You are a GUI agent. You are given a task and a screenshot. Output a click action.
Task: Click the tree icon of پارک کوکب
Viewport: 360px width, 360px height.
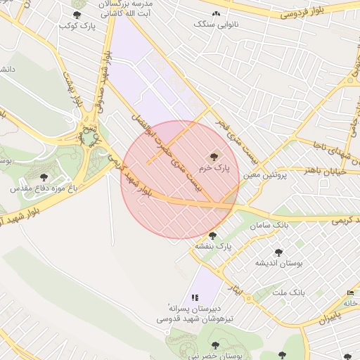(77, 15)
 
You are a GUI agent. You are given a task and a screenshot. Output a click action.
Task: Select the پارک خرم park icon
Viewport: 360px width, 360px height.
(213, 156)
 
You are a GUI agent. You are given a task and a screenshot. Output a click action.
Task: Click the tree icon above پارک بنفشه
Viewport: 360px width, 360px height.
(212, 236)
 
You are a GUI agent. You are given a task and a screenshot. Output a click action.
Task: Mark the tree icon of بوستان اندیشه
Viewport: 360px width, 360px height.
(278, 252)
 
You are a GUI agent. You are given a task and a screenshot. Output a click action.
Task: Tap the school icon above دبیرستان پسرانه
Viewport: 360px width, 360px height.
(195, 297)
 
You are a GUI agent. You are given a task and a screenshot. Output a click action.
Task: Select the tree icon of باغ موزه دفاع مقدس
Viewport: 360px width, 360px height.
(44, 178)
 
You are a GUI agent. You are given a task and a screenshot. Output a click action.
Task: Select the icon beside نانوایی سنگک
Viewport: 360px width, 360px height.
(216, 14)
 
